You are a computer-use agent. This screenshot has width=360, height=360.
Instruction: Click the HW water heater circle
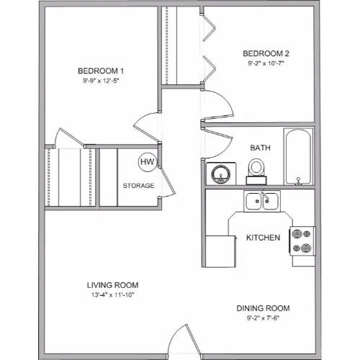pos(148,162)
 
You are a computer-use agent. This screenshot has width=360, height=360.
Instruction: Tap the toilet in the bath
pos(256,171)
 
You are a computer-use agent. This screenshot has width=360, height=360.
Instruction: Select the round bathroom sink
pos(221,174)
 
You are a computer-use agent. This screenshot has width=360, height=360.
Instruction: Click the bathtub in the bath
pos(298,157)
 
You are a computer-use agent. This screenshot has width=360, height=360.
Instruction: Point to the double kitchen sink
pos(262,201)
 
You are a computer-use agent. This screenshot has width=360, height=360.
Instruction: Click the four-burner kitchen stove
pos(302,240)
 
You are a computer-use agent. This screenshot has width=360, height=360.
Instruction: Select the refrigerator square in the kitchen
pos(220,251)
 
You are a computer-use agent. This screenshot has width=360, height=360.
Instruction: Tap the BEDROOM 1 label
pos(101,71)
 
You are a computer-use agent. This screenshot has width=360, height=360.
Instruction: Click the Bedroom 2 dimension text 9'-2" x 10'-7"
pos(266,63)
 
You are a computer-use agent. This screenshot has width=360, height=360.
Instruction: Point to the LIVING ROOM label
pos(112,285)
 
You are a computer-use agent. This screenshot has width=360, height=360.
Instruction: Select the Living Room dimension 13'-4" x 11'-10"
pos(112,294)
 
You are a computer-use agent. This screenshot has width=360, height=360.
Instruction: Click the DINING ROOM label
pos(263,308)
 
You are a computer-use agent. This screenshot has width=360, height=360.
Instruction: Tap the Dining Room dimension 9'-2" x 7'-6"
pos(263,318)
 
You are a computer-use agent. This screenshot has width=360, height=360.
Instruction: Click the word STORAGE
pos(138,186)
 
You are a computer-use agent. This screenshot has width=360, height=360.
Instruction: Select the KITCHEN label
pos(263,238)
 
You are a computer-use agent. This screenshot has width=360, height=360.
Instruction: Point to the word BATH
pos(260,148)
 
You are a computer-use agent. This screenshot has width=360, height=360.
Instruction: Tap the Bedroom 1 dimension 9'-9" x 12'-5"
pos(101,81)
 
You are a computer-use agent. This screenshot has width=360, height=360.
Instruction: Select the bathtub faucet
pos(298,181)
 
